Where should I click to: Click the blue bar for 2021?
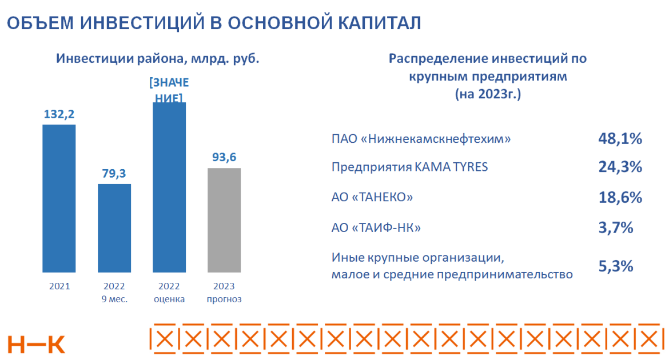tap(59, 198)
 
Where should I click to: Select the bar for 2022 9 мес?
tap(114, 228)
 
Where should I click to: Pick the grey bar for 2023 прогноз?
tap(224, 220)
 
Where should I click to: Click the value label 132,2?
tap(59, 114)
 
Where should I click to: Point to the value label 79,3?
tap(114, 173)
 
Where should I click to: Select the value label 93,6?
tap(224, 157)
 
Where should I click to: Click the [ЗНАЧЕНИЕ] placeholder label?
tap(169, 90)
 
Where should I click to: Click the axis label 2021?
tap(59, 286)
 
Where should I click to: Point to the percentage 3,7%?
tap(616, 227)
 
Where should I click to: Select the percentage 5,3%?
tap(616, 266)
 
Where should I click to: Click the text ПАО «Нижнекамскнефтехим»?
tap(421, 139)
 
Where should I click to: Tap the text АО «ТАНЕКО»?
tap(372, 198)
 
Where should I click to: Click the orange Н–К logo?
tap(37, 343)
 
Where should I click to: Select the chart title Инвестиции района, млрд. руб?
tap(157, 59)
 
